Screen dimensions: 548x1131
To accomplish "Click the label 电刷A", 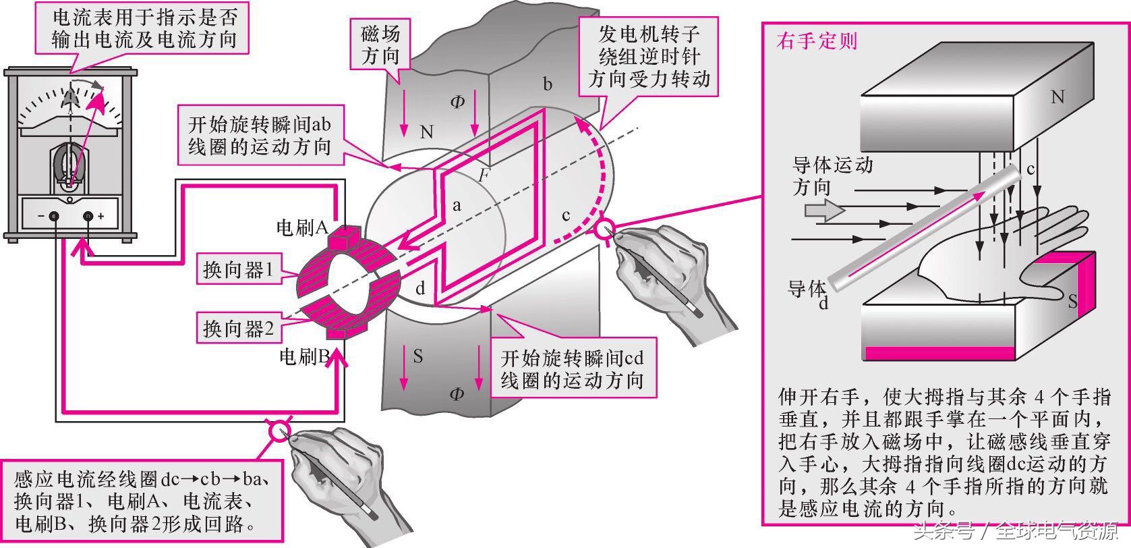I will pyautogui.click(x=301, y=228).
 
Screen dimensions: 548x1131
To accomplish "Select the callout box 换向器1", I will pyautogui.click(x=239, y=270).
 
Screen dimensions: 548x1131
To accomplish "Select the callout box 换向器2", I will pyautogui.click(x=239, y=329).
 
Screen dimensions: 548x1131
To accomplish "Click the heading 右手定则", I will pyautogui.click(x=817, y=41).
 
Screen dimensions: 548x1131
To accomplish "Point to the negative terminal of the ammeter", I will pyautogui.click(x=53, y=216).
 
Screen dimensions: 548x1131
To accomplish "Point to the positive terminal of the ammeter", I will pyautogui.click(x=88, y=216).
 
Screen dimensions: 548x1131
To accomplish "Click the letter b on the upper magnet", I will pyautogui.click(x=548, y=84).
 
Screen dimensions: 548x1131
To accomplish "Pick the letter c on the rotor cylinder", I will pyautogui.click(x=566, y=215).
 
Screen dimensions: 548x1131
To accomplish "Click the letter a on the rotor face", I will pyautogui.click(x=457, y=205).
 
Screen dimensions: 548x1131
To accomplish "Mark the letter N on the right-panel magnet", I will pyautogui.click(x=1057, y=97).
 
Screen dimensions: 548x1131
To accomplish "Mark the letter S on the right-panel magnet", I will pyautogui.click(x=1072, y=302).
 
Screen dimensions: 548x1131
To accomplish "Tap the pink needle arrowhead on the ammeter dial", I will pyautogui.click(x=100, y=99).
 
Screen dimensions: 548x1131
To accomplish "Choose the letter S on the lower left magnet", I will pyautogui.click(x=418, y=356).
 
